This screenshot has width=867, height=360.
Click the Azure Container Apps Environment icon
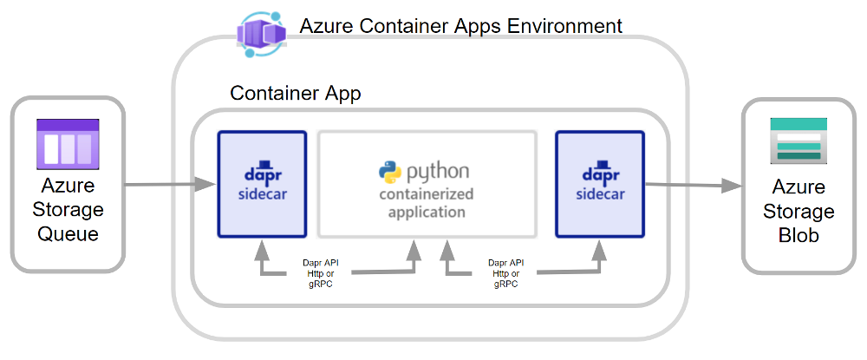tap(262, 36)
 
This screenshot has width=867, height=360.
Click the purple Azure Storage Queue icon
tap(68, 144)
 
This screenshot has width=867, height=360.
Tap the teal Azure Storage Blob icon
tap(799, 142)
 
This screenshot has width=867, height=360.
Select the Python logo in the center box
tap(389, 170)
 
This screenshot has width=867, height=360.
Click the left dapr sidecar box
tap(261, 184)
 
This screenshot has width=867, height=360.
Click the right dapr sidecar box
tap(599, 184)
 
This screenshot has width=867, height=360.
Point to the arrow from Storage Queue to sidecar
tap(170, 184)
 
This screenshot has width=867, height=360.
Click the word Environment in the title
tap(564, 25)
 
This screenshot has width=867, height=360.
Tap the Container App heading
tap(296, 93)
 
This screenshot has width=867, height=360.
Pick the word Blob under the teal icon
tap(799, 234)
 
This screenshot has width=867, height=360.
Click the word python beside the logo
tap(439, 170)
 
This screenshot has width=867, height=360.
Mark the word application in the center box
tap(427, 212)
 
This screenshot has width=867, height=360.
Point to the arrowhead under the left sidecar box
tap(261, 250)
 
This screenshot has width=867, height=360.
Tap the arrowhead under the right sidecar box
tap(599, 250)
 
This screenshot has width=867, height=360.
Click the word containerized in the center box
tap(427, 194)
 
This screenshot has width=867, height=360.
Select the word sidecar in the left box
tap(261, 192)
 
